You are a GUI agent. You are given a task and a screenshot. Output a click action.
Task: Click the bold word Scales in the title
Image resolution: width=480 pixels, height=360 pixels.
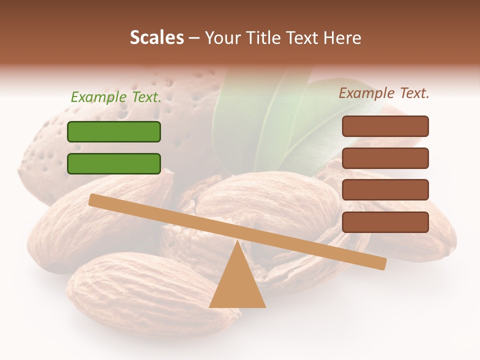point(156,37)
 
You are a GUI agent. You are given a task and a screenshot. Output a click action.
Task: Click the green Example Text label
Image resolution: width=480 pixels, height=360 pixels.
point(116,97)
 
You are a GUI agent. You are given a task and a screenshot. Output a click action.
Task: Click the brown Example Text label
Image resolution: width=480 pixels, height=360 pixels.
point(384,93)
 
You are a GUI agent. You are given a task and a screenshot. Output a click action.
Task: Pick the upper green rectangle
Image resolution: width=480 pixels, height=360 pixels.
point(114,131)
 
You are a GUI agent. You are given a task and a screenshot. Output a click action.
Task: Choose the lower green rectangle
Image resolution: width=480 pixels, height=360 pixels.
point(114,163)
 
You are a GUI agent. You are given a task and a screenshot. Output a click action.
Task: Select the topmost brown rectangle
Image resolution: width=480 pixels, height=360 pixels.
point(385,126)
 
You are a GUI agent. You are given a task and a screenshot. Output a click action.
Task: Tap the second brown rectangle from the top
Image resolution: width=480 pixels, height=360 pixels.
point(385,158)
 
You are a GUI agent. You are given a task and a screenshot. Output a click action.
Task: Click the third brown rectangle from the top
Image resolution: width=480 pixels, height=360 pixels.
point(385,190)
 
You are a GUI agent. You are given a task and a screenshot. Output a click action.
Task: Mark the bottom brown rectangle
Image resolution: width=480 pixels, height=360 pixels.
point(385,222)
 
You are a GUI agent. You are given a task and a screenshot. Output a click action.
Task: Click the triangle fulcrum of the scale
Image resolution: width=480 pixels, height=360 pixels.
point(237,285)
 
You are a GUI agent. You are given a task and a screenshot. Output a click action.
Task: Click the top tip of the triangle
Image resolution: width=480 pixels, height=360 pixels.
point(237,242)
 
